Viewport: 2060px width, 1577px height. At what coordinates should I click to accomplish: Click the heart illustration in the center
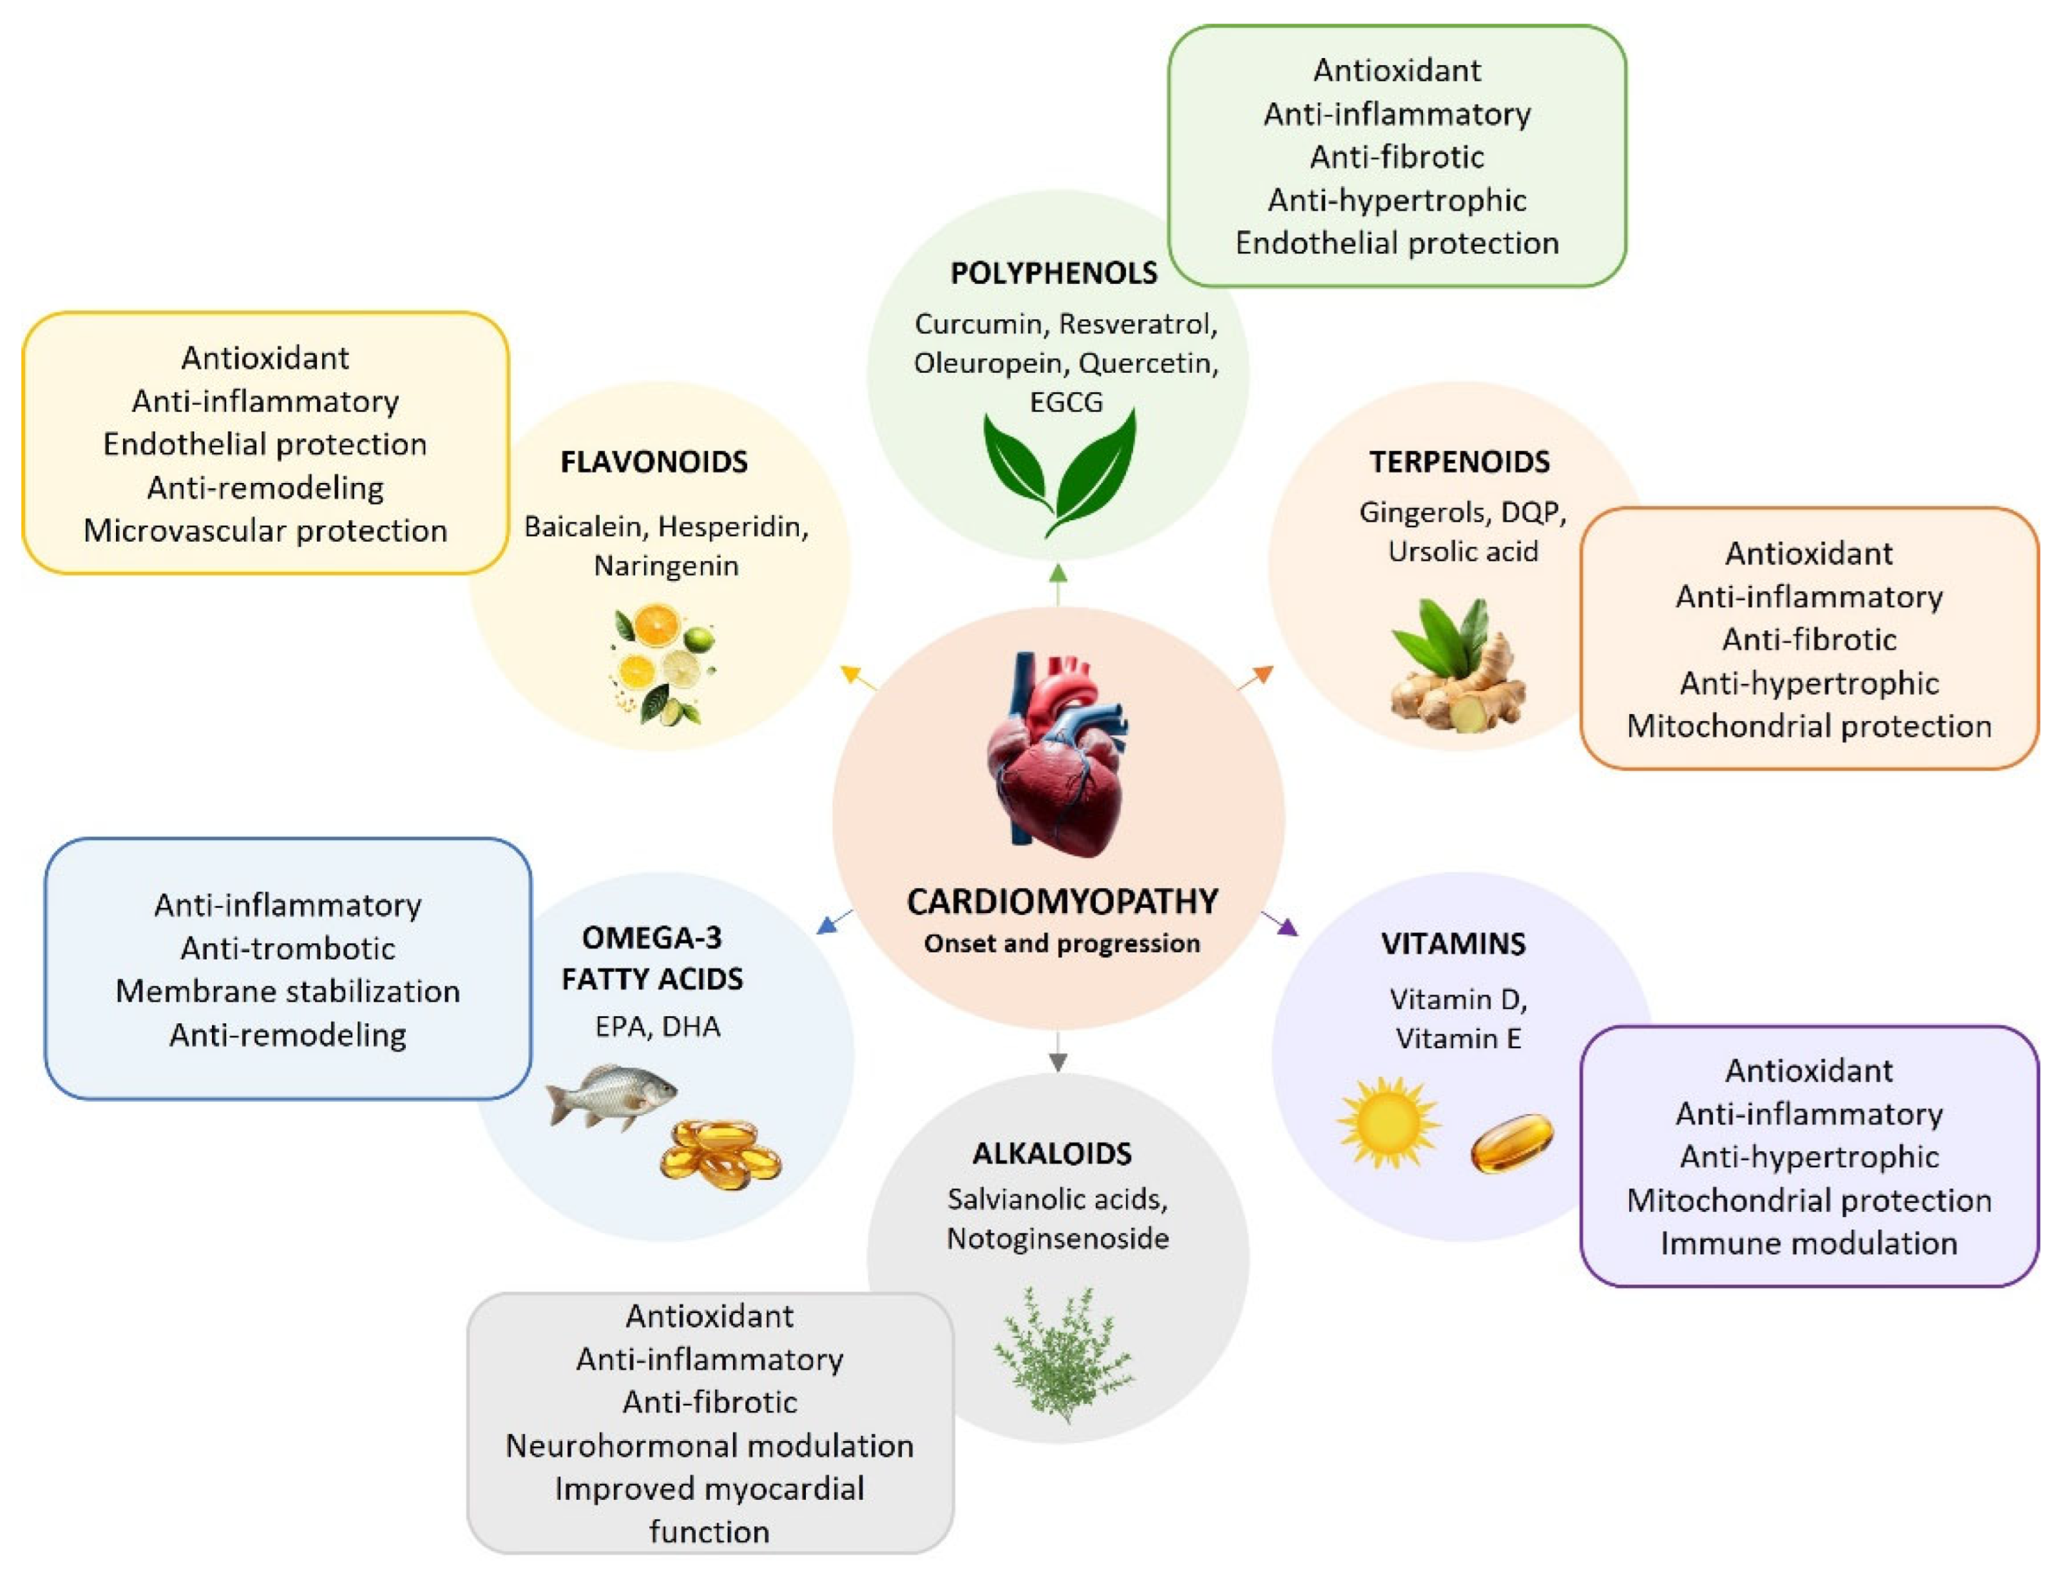point(1058,756)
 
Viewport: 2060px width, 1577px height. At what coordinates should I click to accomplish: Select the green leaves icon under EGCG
point(1059,472)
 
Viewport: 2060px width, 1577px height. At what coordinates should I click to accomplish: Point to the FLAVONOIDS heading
point(654,462)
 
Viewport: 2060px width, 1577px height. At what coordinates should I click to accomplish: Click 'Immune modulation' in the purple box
point(1808,1243)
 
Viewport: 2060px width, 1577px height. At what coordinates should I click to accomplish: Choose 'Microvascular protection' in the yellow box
point(265,530)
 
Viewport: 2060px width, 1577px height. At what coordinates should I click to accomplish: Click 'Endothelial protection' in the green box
point(1396,243)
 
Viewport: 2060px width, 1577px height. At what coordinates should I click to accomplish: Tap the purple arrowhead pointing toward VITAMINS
point(1288,927)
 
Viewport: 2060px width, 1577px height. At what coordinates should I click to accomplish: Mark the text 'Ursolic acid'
point(1463,551)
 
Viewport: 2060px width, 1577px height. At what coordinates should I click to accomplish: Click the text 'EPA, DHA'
point(657,1027)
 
